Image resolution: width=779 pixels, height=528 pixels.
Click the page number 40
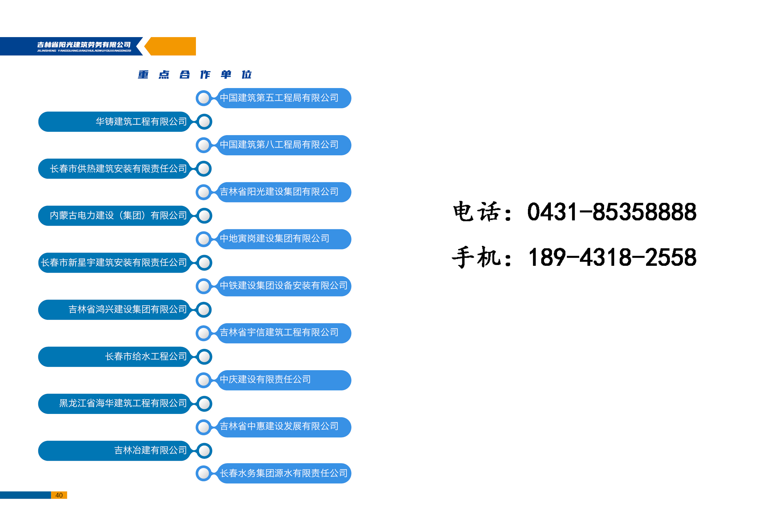tap(59, 495)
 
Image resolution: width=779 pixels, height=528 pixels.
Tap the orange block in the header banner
tap(172, 46)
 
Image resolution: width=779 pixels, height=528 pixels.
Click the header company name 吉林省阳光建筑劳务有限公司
tap(84, 45)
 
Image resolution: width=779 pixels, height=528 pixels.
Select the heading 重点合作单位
tap(195, 74)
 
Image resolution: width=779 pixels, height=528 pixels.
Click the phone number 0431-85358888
tap(611, 212)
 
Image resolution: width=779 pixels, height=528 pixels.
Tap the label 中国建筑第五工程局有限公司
tap(279, 98)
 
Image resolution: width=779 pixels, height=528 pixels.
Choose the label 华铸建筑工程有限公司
tap(141, 122)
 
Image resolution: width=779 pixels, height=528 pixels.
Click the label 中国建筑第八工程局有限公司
tap(279, 145)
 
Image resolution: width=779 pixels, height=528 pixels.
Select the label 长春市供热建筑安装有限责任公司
tap(118, 168)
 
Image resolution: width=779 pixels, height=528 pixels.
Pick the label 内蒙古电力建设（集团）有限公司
tap(118, 215)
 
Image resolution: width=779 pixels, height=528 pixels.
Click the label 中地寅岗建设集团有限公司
tap(274, 239)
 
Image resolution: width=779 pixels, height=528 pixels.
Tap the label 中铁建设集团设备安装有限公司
tap(283, 285)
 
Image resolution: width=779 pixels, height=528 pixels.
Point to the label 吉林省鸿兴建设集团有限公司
tap(127, 309)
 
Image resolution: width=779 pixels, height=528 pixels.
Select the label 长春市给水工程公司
tap(146, 356)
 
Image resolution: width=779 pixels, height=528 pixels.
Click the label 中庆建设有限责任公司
tap(265, 379)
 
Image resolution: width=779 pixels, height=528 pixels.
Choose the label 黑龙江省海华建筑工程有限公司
tap(123, 403)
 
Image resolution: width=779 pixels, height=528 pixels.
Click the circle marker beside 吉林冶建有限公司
tap(204, 451)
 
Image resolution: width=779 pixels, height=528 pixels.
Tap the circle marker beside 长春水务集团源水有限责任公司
tap(203, 473)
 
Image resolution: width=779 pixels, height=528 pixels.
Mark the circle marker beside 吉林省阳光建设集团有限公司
tap(203, 192)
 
